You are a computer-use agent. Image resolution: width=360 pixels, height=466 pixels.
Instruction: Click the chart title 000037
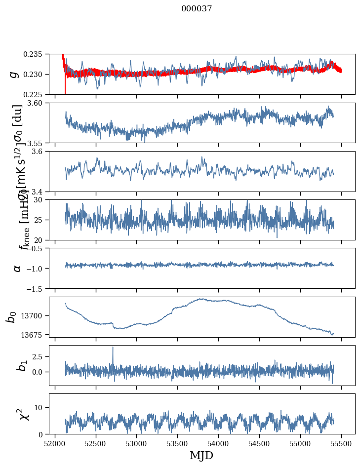click(x=197, y=9)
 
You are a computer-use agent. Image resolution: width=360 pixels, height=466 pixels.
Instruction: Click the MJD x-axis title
click(x=201, y=456)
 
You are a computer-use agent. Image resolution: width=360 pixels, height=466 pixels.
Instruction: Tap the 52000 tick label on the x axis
click(x=55, y=443)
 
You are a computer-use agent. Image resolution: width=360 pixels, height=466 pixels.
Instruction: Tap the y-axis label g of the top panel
click(x=14, y=74)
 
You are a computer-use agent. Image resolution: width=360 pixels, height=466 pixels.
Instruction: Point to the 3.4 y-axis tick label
click(x=40, y=191)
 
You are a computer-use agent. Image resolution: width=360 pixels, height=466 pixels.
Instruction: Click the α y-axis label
click(x=17, y=268)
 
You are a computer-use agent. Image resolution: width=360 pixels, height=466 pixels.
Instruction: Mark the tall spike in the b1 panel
click(x=113, y=348)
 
